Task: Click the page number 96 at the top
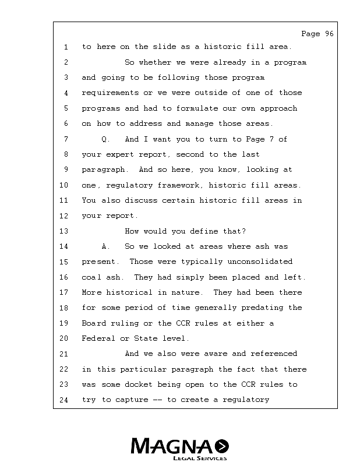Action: click(x=329, y=34)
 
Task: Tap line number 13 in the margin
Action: click(x=64, y=231)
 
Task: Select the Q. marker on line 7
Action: click(x=105, y=139)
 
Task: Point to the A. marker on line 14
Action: click(x=105, y=246)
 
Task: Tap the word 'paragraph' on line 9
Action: click(x=103, y=170)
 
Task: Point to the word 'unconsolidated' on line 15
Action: click(x=259, y=262)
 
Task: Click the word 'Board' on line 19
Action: click(x=93, y=323)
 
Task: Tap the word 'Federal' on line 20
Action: click(x=98, y=338)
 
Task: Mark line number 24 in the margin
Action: click(x=64, y=400)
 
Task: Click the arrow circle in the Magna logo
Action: click(x=221, y=446)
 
